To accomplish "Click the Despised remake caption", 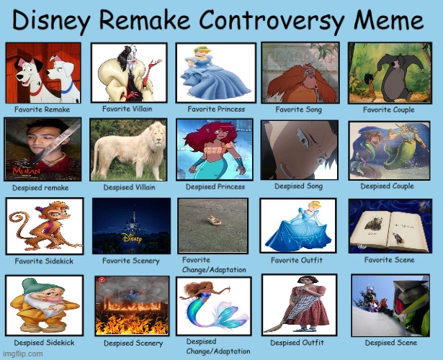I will point(40,187).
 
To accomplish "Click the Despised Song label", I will point(300,186).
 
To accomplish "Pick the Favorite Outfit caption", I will point(297,260).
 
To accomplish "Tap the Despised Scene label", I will point(391,343).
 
